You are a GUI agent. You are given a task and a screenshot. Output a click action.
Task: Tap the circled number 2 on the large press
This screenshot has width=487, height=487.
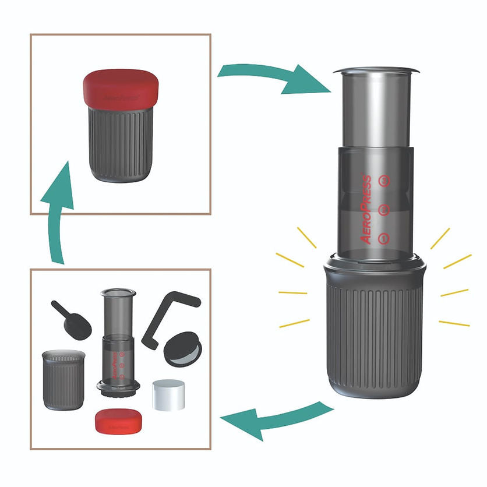(383, 210)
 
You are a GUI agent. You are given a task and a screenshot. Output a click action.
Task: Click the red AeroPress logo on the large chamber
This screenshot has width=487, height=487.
(366, 209)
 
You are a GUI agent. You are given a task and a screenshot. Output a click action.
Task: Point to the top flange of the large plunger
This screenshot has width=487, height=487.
(376, 71)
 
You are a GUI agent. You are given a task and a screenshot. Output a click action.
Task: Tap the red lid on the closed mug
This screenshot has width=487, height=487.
(121, 87)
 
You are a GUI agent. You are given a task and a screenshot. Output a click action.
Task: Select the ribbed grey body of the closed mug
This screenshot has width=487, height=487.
(121, 143)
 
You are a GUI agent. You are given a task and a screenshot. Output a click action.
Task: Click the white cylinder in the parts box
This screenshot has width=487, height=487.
(168, 394)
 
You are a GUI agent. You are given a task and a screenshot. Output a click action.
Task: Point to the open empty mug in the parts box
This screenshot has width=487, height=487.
(63, 379)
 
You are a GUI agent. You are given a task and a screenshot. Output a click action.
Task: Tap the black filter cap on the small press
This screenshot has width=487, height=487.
(119, 387)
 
